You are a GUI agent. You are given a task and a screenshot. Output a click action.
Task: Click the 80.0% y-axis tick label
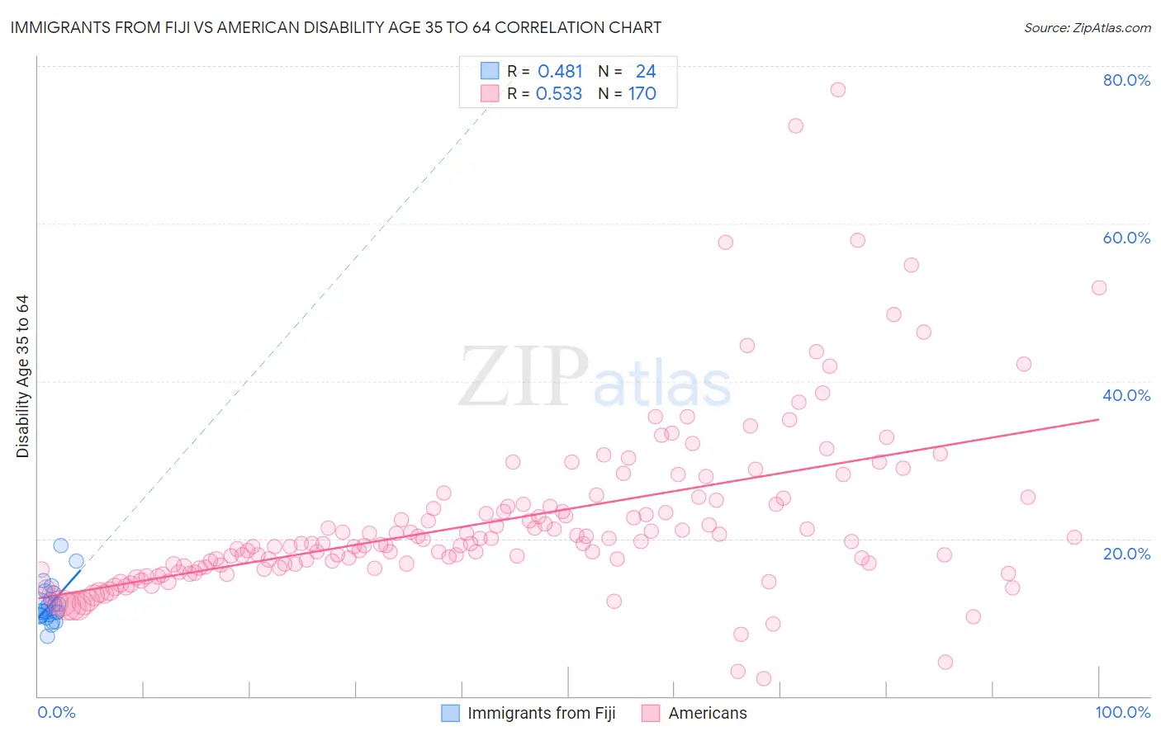coord(1126,80)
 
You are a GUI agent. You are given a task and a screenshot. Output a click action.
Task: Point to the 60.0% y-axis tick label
coord(1126,238)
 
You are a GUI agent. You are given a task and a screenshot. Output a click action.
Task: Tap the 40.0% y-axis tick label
coord(1126,395)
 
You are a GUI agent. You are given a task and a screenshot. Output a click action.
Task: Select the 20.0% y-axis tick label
coord(1126,553)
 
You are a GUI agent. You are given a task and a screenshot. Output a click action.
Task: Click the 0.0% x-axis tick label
coord(56,712)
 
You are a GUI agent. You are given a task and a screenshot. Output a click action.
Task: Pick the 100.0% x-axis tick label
coord(1122,712)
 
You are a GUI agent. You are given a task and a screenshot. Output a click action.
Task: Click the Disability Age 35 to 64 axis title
coord(22,376)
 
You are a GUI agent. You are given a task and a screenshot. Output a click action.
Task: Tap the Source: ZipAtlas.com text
coord(1087,27)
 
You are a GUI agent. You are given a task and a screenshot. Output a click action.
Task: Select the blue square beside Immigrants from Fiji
coord(450,713)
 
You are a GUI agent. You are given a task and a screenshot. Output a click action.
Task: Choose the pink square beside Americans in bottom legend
coord(651,713)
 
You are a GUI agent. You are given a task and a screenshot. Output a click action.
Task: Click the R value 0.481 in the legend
coord(560,72)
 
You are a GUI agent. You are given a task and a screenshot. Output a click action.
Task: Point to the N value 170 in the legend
coord(642,94)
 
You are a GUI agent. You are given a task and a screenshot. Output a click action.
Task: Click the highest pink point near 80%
coord(838,90)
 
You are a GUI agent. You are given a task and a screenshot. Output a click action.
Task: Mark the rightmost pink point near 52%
coord(1099,288)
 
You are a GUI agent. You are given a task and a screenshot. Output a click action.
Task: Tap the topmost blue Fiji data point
coord(60,545)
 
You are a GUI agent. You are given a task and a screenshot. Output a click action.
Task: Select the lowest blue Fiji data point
coord(47,636)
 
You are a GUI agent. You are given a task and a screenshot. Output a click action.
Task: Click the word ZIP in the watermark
coord(524,377)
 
